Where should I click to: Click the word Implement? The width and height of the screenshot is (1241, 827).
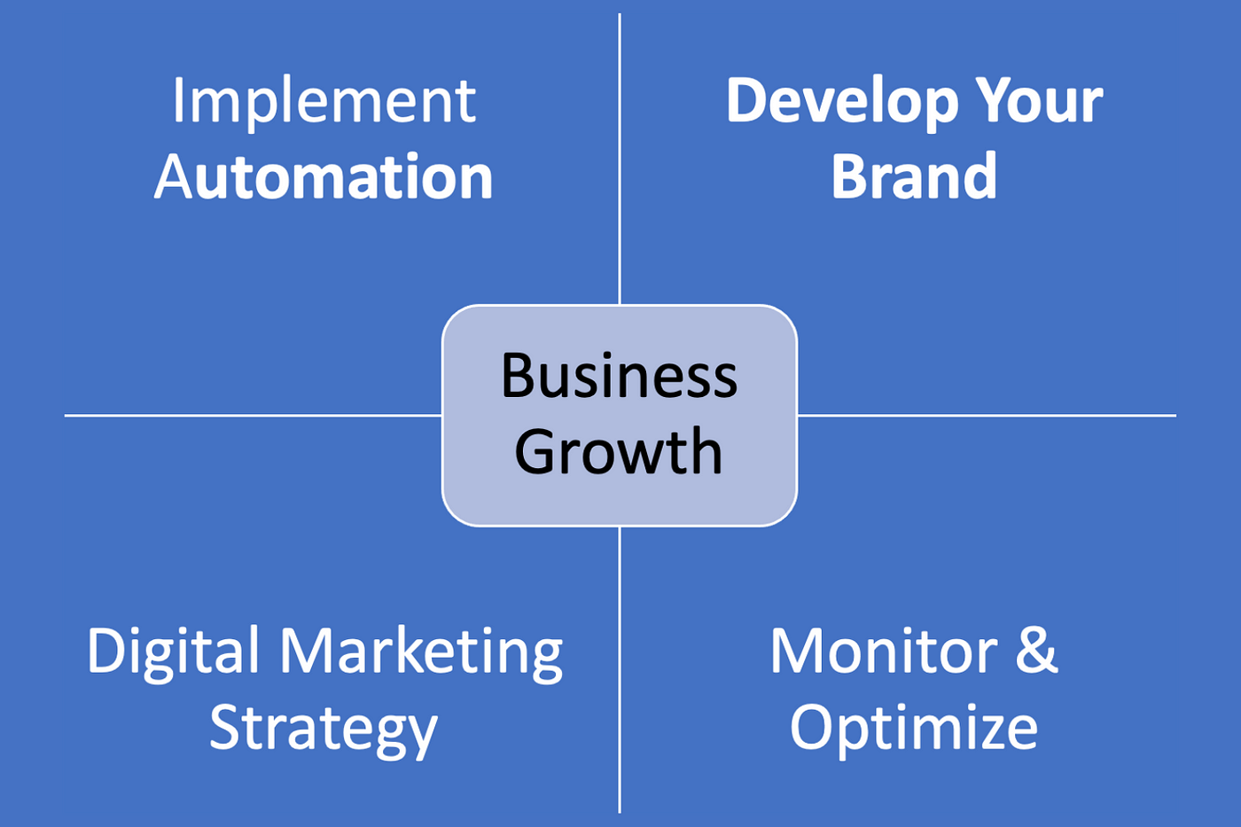[x=324, y=104]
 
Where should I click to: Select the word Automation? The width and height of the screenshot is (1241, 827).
[x=324, y=176]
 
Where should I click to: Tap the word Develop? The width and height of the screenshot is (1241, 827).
[x=842, y=104]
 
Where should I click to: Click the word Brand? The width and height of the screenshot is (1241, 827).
[x=914, y=176]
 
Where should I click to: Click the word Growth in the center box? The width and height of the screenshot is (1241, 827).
[x=619, y=451]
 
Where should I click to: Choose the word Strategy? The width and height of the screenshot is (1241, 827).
[x=324, y=731]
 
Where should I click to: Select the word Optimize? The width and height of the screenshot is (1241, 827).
[x=914, y=730]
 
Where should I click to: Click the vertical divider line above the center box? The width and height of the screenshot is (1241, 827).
[x=620, y=159]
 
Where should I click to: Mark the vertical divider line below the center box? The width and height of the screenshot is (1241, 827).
[x=620, y=670]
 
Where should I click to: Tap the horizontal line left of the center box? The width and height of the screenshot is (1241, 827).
[x=254, y=415]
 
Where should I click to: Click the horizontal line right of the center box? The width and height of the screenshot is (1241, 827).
[x=987, y=415]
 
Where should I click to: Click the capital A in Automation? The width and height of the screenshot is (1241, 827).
[x=173, y=176]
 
